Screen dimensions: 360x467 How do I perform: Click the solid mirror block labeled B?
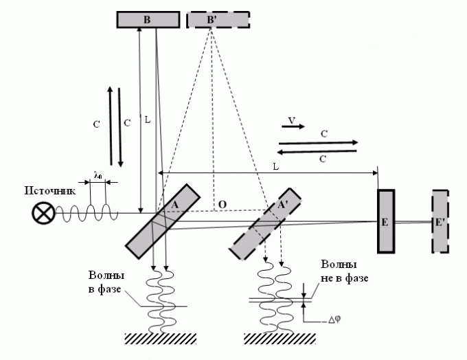pos(146,21)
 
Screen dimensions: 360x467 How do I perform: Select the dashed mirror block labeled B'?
pos(210,21)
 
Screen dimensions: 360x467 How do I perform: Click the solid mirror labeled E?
pos(385,221)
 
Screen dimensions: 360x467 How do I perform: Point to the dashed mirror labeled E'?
pos(440,221)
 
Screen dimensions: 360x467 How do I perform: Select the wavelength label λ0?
pos(98,176)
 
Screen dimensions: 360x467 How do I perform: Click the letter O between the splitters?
pos(222,205)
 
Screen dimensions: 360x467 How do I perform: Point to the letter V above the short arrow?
pos(292,120)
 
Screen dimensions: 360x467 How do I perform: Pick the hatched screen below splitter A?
pos(161,338)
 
